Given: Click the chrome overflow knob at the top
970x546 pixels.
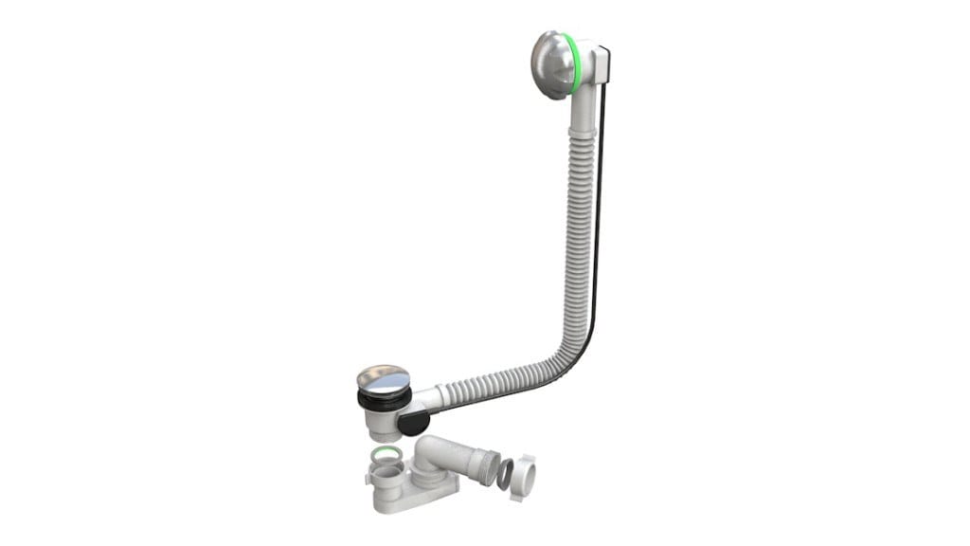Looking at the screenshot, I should (x=548, y=64).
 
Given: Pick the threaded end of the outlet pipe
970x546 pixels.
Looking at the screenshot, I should (x=487, y=466).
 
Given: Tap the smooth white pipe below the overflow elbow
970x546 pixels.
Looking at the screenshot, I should (x=581, y=114).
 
